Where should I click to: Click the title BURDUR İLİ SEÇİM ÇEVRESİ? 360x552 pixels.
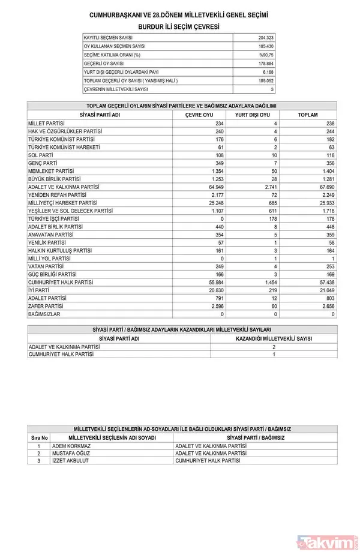179,27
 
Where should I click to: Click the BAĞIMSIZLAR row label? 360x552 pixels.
45,314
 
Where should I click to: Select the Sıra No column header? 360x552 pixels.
39,439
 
